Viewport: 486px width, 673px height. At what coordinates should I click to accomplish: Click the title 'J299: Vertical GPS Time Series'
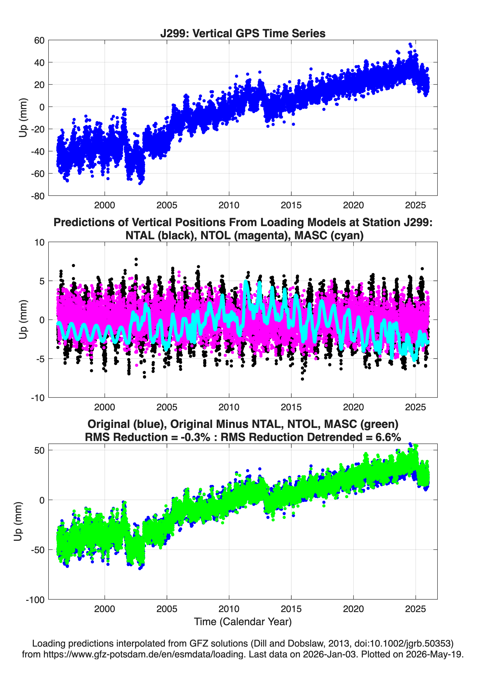point(243,33)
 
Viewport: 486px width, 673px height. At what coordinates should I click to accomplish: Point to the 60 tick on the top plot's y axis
point(39,40)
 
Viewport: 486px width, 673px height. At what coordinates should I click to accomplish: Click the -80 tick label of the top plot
point(38,196)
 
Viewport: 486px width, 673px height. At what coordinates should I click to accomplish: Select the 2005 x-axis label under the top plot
point(167,205)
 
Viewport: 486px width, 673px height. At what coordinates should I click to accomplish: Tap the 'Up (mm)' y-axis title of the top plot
point(23,118)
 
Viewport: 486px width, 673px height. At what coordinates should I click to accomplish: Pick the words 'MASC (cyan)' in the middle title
point(329,235)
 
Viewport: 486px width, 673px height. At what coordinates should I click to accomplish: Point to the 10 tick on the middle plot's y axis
point(40,242)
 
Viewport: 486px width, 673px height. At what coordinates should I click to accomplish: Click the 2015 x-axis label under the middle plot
point(291,407)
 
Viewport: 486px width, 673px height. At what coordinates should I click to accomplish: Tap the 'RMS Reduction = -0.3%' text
point(148,437)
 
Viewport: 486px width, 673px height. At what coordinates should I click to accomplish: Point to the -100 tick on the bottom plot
point(35,600)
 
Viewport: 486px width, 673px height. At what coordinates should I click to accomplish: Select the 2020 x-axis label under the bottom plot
point(353,609)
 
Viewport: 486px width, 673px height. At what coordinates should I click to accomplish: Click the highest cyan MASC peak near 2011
point(246,281)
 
